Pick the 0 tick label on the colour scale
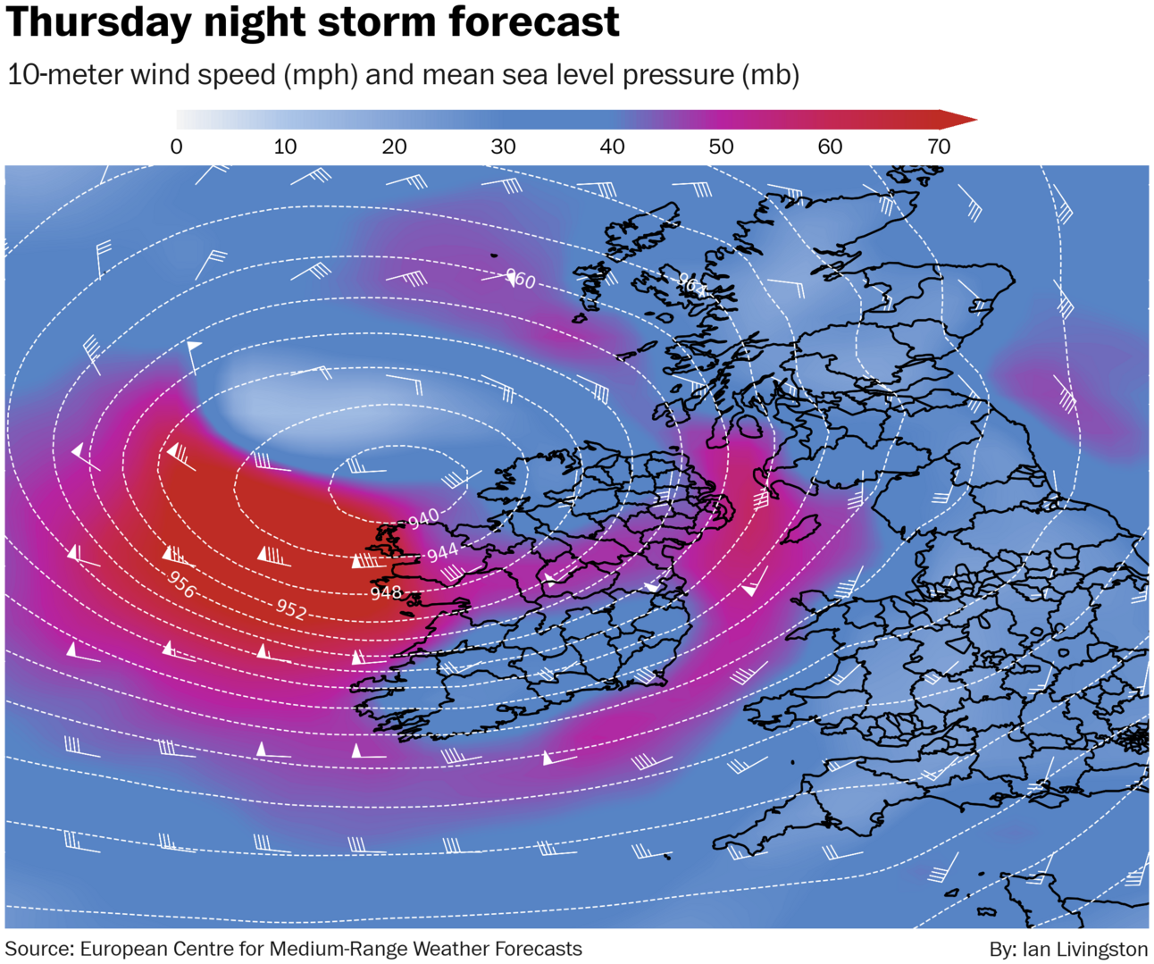(177, 147)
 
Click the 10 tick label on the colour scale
(285, 147)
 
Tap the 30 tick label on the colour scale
(503, 147)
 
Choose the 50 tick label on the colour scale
(721, 147)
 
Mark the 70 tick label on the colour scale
(939, 147)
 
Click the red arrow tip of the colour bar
(965, 120)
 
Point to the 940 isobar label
(423, 517)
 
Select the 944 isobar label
(442, 554)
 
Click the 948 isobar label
(386, 592)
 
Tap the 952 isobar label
(291, 609)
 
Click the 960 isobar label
(520, 281)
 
